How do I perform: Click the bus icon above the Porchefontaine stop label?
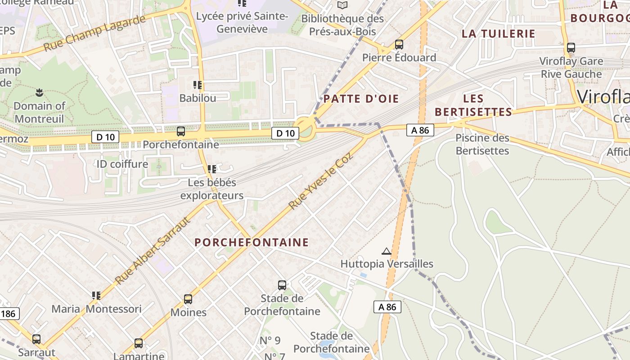pyautogui.click(x=181, y=131)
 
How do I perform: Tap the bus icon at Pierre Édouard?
pyautogui.click(x=399, y=45)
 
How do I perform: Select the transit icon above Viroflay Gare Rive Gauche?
pyautogui.click(x=571, y=48)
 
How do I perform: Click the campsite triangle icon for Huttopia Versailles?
pyautogui.click(x=386, y=251)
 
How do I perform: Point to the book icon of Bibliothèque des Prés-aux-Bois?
pyautogui.click(x=342, y=5)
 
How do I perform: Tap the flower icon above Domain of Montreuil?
pyautogui.click(x=39, y=93)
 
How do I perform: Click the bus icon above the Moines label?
pyautogui.click(x=188, y=299)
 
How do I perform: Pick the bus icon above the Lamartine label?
pyautogui.click(x=139, y=343)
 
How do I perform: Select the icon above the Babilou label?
pyautogui.click(x=197, y=85)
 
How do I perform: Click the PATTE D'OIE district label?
pyautogui.click(x=361, y=99)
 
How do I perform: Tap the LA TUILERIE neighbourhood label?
pyautogui.click(x=499, y=34)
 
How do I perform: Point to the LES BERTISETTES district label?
pyautogui.click(x=473, y=105)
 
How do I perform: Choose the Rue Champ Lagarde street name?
pyautogui.click(x=95, y=33)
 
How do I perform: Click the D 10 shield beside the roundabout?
pyautogui.click(x=285, y=133)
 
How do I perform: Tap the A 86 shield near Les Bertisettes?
pyautogui.click(x=420, y=130)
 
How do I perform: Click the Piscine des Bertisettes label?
pyautogui.click(x=482, y=144)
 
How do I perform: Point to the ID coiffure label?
pyautogui.click(x=122, y=164)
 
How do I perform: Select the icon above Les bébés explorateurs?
pyautogui.click(x=212, y=169)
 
